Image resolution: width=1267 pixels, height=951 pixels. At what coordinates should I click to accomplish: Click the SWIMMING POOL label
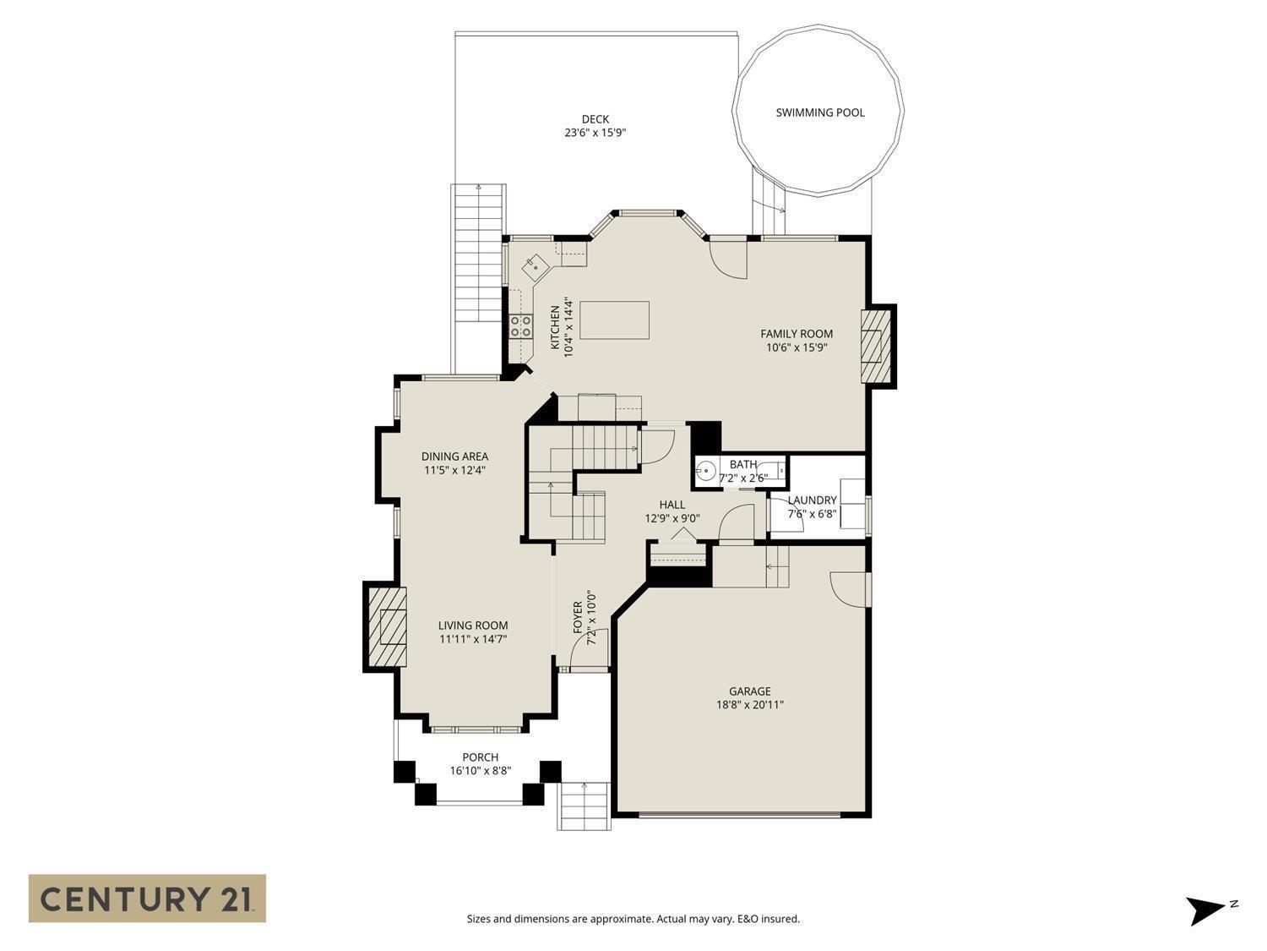[819, 112]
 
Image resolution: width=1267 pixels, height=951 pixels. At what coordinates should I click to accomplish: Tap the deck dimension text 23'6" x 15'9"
[595, 133]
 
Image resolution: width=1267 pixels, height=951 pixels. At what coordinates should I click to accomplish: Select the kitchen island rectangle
[614, 320]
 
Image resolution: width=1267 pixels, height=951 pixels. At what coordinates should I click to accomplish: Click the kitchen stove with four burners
[520, 326]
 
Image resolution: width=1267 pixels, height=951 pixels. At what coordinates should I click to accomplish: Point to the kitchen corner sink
[535, 266]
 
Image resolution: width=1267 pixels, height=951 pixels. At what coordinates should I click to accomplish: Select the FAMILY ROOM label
[796, 334]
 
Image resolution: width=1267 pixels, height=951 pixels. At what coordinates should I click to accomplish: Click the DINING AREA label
[454, 456]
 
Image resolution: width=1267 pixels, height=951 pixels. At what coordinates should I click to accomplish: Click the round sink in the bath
[705, 471]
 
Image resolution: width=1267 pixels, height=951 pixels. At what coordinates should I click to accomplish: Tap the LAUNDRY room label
[812, 500]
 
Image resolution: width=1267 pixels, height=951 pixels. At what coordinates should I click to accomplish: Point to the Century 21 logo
[147, 899]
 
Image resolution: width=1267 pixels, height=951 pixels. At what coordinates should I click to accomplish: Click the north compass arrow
[1204, 910]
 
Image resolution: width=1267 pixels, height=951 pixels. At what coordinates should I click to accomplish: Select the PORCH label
[480, 757]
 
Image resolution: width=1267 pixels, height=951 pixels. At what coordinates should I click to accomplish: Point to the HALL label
[672, 505]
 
